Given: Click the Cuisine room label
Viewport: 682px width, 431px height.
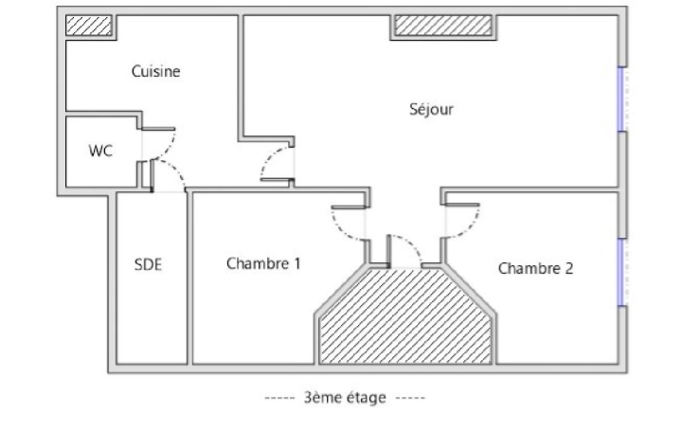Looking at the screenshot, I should [156, 72].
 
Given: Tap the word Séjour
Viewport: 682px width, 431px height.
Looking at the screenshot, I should [431, 109].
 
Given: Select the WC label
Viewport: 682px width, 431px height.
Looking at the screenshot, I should [100, 151].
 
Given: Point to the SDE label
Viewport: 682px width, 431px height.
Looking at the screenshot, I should [148, 264].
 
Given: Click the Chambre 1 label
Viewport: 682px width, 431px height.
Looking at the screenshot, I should [263, 263].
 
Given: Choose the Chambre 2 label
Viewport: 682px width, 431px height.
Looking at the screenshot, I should [535, 268].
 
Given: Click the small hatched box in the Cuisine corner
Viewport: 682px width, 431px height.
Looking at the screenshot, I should [87, 26].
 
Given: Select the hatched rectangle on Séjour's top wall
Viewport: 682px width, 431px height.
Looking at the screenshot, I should [441, 27].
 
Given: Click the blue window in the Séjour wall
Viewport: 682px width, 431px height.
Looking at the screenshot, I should [620, 99].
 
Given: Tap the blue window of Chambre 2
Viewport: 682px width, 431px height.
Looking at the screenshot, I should [620, 272].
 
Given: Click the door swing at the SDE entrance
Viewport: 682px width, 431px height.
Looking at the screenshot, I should [168, 176].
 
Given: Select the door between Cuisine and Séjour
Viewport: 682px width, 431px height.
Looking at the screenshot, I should [278, 163].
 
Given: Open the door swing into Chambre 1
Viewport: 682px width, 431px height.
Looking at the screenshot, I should [348, 224].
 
